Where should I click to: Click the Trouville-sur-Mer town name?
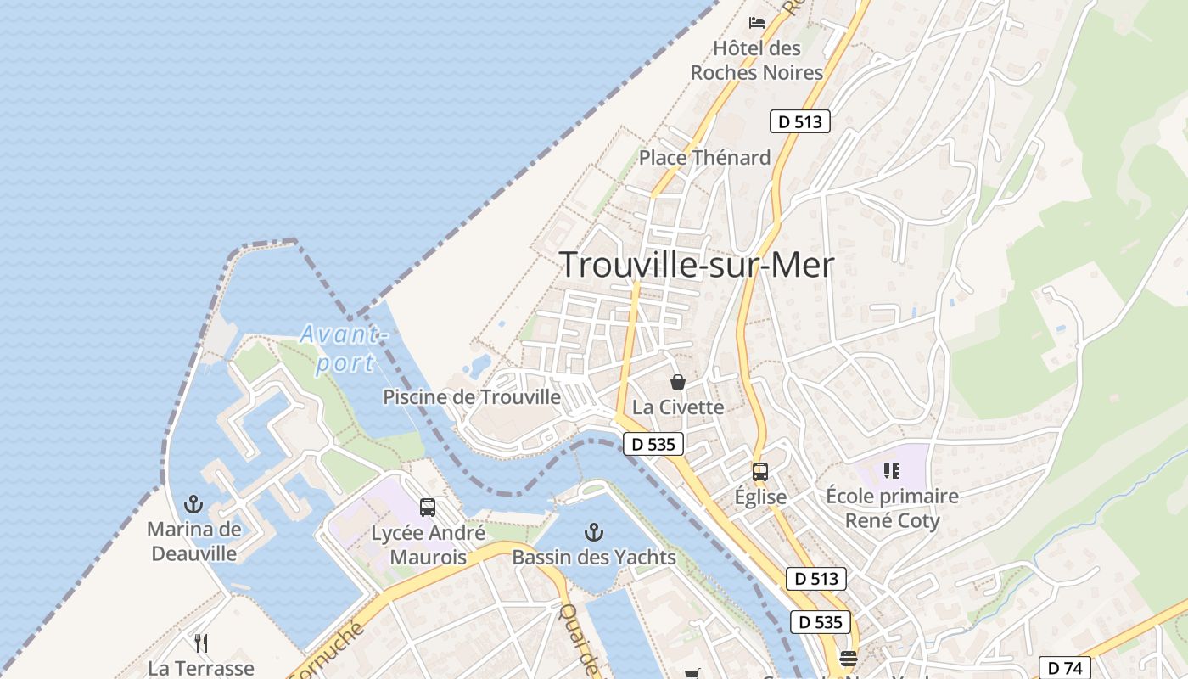697,265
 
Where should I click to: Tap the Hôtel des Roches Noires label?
757,60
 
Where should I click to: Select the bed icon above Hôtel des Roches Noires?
757,23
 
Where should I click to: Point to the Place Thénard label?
704,157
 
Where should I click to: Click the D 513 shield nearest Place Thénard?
799,121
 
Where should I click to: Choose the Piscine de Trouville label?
472,396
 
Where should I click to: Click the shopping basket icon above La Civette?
677,382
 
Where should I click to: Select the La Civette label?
678,407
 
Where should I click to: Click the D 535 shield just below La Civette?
653,443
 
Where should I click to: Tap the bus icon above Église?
760,472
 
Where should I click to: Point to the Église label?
760,497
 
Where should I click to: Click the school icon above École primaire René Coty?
892,470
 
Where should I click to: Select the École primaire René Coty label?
892,508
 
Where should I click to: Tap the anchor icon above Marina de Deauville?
193,504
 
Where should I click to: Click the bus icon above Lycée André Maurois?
428,508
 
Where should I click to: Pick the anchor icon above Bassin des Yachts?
594,532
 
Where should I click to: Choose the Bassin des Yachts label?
594,557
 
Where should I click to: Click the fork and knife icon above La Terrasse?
201,643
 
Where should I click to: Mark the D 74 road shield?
1065,667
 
